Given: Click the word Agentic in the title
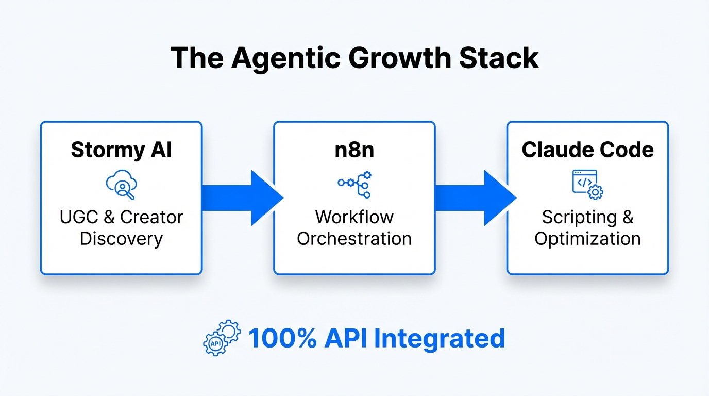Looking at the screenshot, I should pyautogui.click(x=285, y=58).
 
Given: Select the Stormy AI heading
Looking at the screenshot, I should pyautogui.click(x=121, y=150).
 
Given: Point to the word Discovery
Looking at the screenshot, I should pyautogui.click(x=121, y=239).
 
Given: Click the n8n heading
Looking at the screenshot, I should pyautogui.click(x=354, y=150).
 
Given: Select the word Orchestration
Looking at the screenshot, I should pyautogui.click(x=354, y=239).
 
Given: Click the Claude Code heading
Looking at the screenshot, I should pyautogui.click(x=587, y=150).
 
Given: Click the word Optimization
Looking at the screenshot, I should pyautogui.click(x=587, y=239).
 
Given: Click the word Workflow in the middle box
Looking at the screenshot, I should pyautogui.click(x=354, y=217).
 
